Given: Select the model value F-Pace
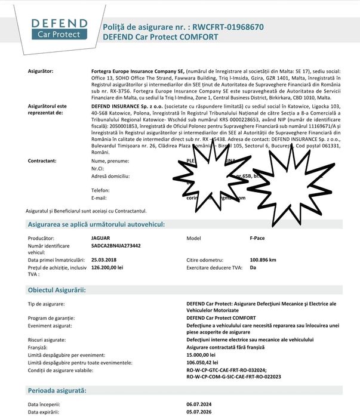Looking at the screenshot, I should click(x=257, y=238).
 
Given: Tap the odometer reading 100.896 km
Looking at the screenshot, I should click(x=263, y=260).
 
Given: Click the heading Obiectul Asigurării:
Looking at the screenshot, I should click(x=57, y=290).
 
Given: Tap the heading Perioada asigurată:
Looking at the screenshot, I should click(x=57, y=390).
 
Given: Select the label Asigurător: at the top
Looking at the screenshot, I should click(x=41, y=71).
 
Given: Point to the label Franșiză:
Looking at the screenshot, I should click(x=40, y=347).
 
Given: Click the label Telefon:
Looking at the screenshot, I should click(x=100, y=190).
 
